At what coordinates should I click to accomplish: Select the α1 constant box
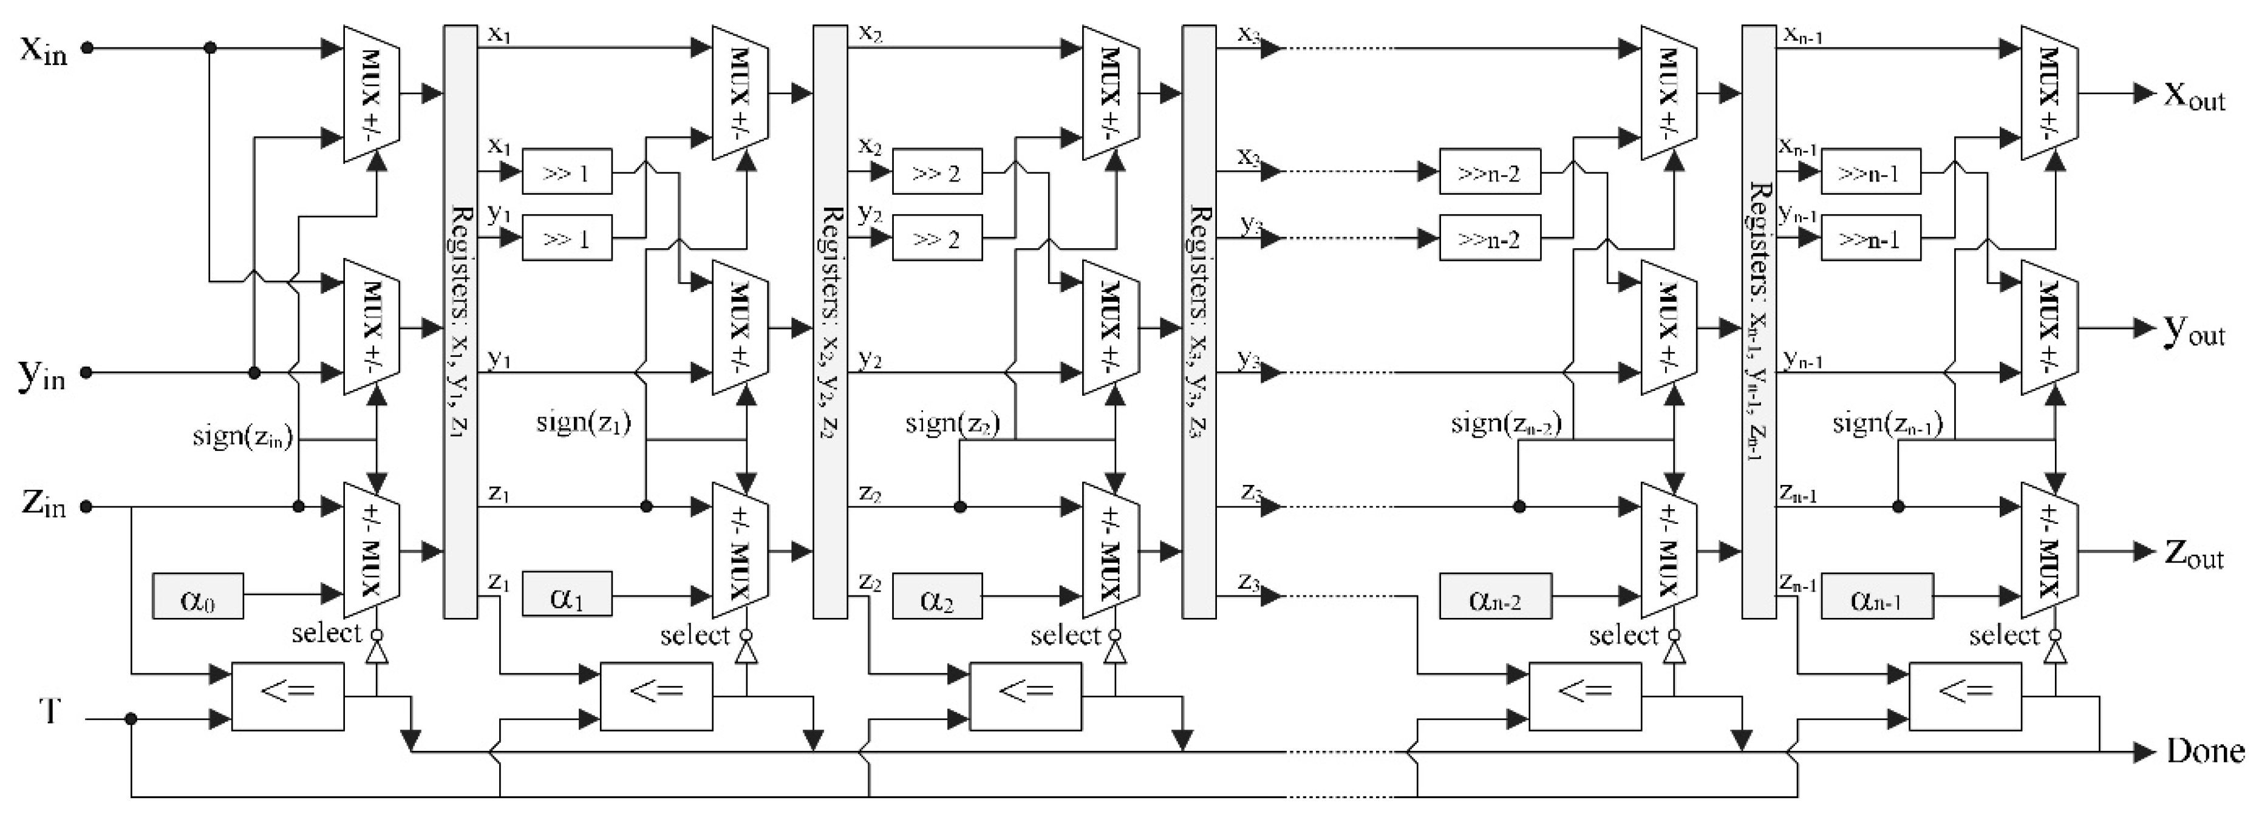567,595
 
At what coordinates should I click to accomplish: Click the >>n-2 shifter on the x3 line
1489,172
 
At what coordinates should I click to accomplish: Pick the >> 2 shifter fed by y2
936,239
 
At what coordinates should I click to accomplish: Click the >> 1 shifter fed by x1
567,172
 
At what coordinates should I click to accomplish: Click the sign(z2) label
952,424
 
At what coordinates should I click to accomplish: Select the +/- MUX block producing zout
2048,551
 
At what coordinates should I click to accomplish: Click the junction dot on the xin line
210,48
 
